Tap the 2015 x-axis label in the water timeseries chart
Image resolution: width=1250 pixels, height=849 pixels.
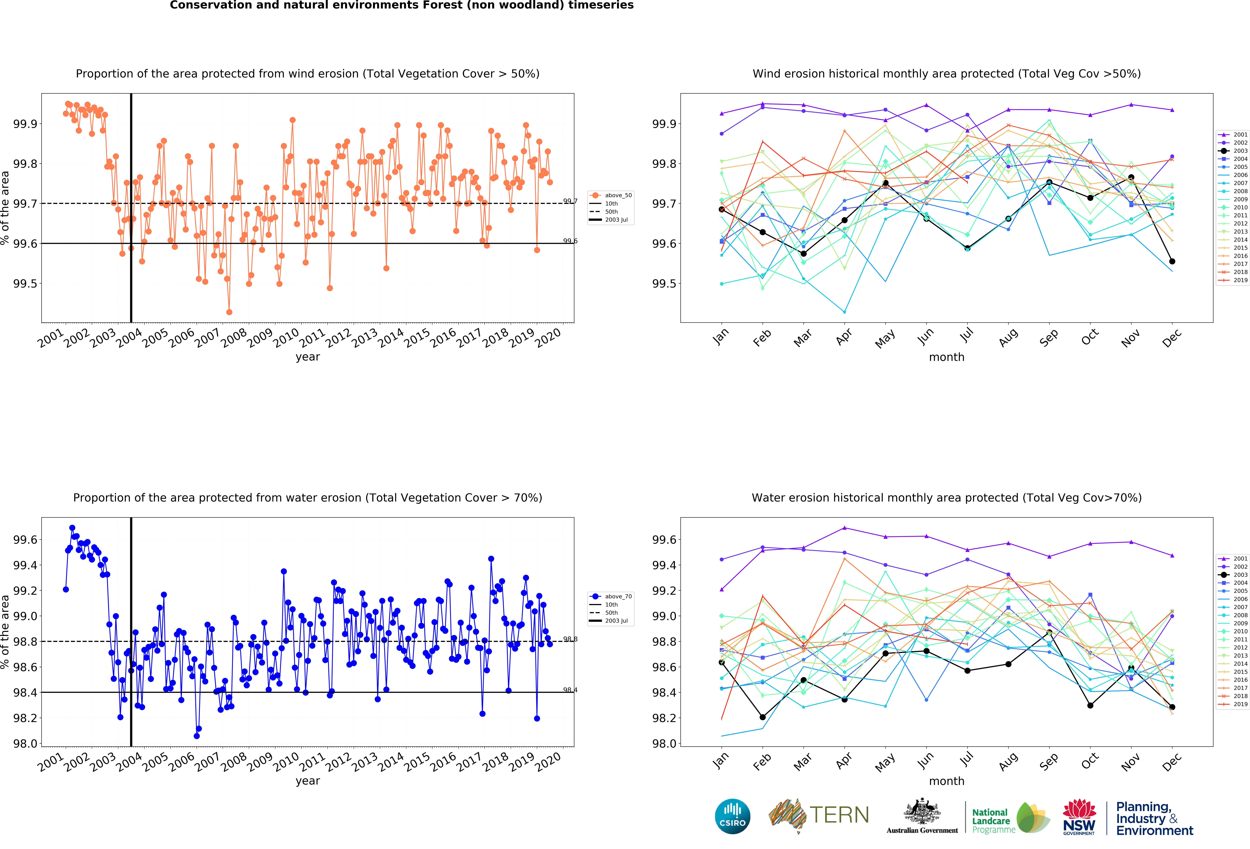[x=417, y=762]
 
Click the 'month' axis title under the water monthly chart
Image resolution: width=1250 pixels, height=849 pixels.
[x=947, y=781]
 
